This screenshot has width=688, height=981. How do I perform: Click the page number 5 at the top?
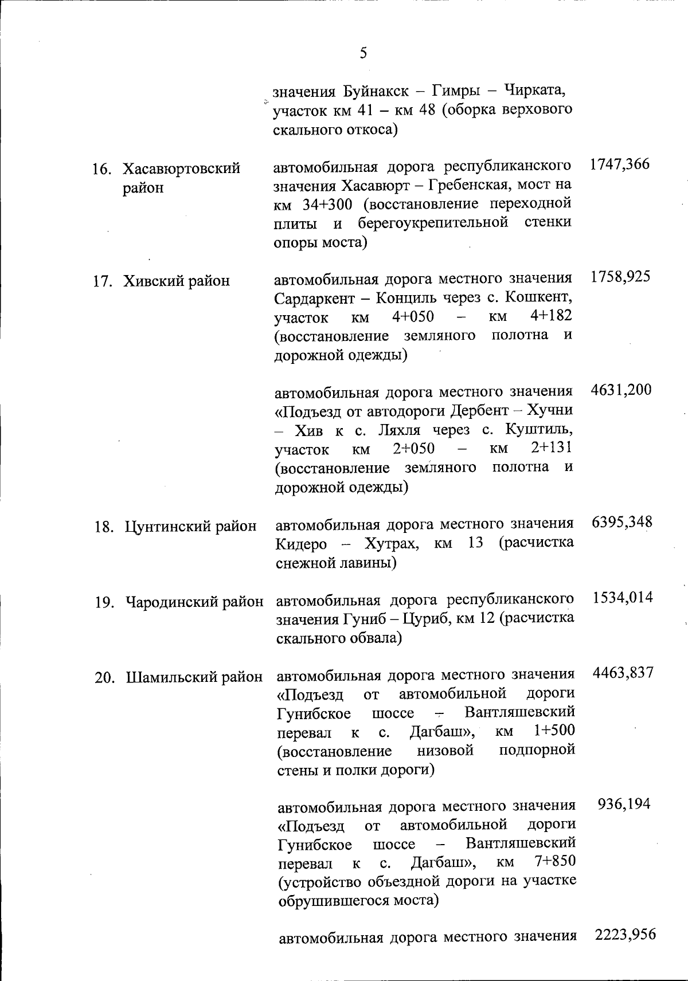[x=363, y=54]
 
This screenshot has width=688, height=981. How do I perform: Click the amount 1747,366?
[x=620, y=164]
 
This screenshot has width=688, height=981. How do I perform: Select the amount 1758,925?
[x=620, y=277]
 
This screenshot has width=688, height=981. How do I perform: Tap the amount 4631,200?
[x=621, y=390]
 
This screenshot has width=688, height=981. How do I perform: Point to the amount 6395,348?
[x=622, y=522]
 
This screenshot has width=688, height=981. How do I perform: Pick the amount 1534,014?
[x=623, y=598]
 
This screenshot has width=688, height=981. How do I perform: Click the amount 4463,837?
[x=623, y=673]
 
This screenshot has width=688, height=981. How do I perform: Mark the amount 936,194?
[x=624, y=804]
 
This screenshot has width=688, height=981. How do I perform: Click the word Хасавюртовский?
[x=181, y=169]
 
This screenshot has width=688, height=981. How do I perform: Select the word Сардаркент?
[x=316, y=299]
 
